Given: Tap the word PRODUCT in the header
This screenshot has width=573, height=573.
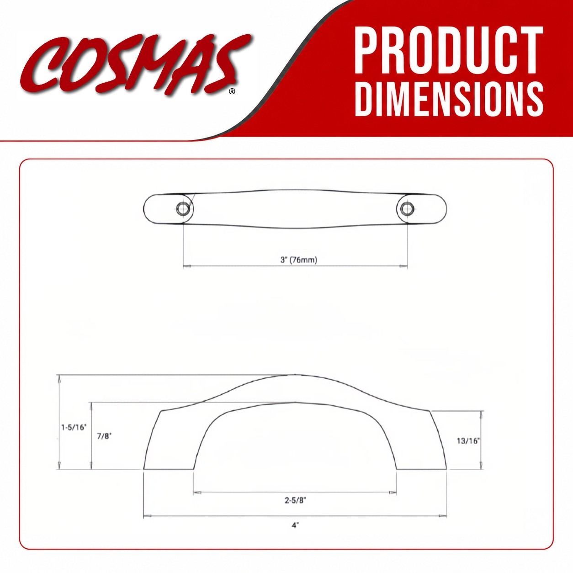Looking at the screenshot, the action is click(x=449, y=50).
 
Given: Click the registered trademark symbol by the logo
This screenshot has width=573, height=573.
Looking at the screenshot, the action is click(x=232, y=91).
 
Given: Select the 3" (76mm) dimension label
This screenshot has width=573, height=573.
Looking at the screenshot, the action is click(x=298, y=260).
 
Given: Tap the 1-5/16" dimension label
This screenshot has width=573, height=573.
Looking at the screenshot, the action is click(x=74, y=427).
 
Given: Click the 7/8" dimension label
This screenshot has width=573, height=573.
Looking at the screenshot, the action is click(x=104, y=436).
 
